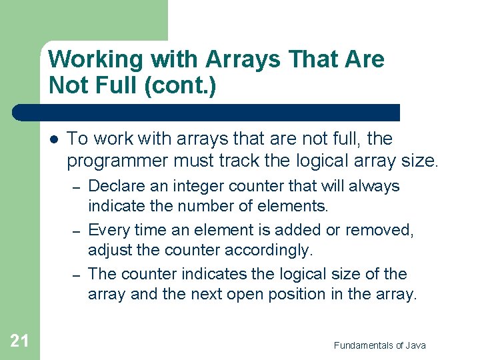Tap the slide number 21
[19, 341]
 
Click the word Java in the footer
[413, 345]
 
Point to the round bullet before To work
[53, 139]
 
